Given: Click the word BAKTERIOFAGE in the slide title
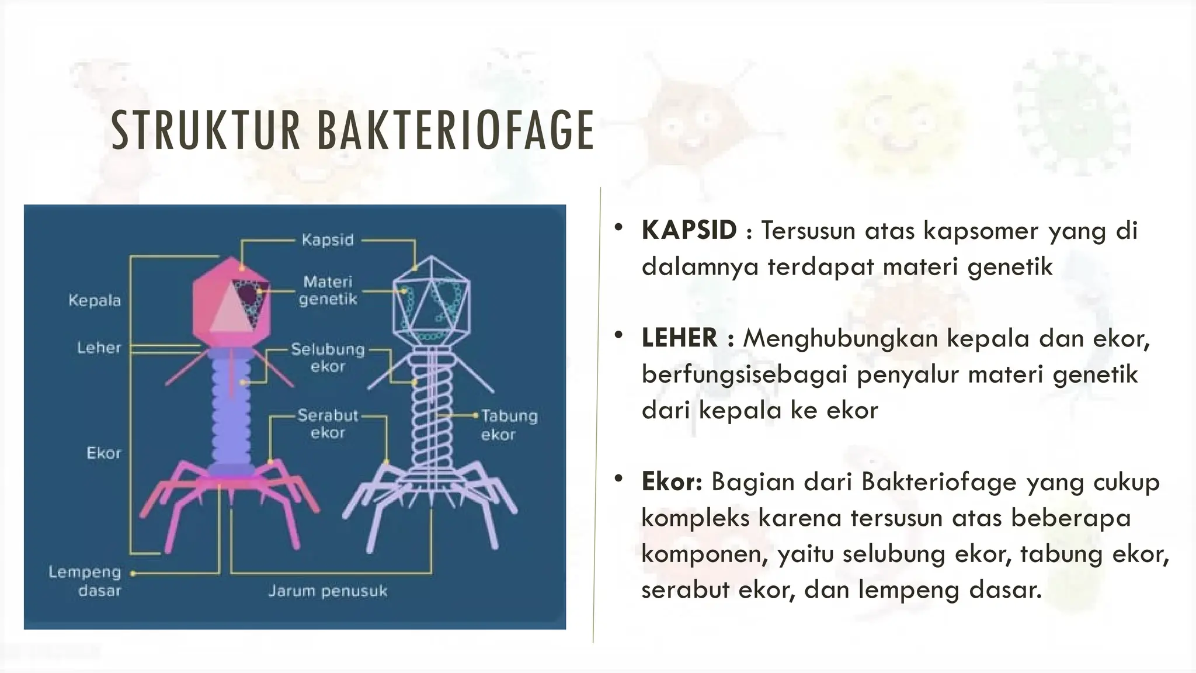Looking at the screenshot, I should [456, 131].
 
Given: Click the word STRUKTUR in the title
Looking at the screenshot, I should [206, 131].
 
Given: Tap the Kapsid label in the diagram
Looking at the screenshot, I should [328, 240].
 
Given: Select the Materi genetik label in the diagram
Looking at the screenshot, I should [328, 290].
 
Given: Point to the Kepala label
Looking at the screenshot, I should [95, 301].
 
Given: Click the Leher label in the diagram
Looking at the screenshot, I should [99, 348].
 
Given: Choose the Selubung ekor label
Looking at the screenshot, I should [328, 358].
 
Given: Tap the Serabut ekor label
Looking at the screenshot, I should [328, 424].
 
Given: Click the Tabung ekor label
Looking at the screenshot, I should [509, 425].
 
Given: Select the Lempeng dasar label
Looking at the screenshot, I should [85, 581].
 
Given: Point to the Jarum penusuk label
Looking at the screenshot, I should [328, 591].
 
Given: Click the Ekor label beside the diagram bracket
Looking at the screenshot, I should [104, 453].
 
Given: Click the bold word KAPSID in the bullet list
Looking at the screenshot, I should [689, 230].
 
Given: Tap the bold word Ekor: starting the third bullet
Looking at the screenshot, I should [672, 482].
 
